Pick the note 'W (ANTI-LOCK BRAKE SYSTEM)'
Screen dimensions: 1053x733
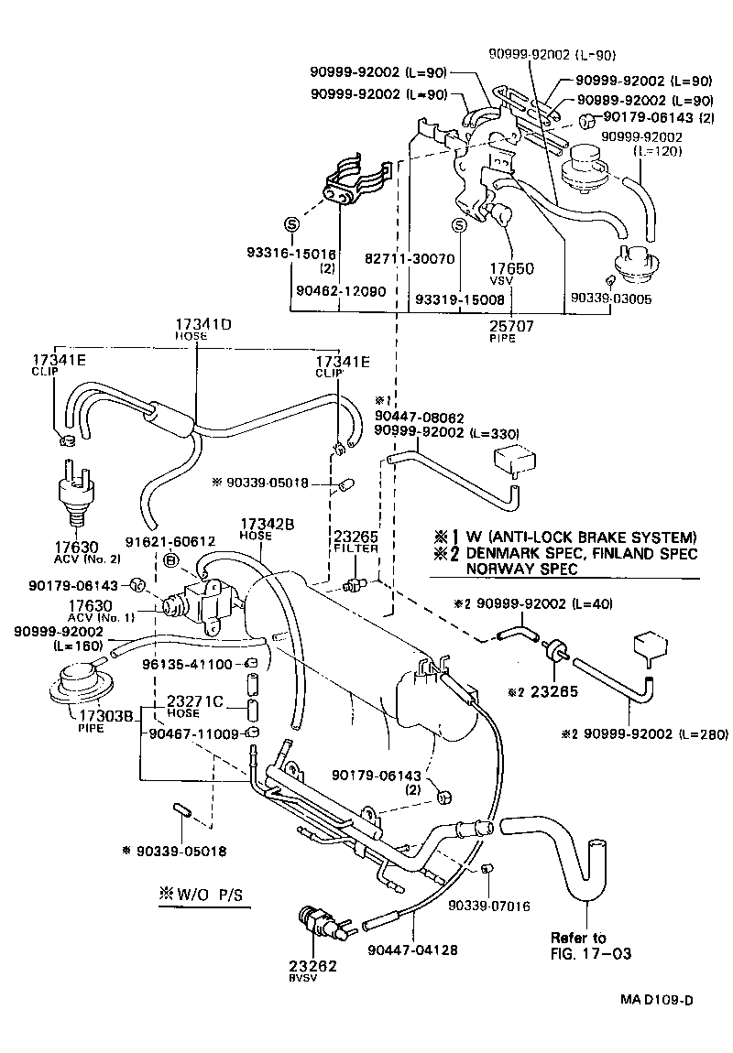click(576, 537)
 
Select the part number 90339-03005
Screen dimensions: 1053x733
click(611, 298)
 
